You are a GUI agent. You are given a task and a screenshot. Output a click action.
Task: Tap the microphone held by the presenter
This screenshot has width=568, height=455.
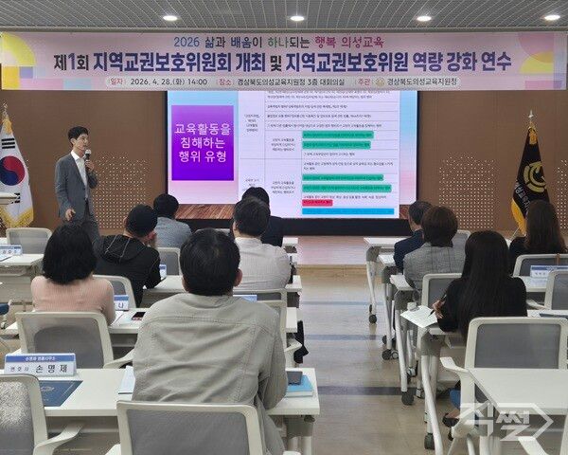pyautogui.click(x=87, y=154)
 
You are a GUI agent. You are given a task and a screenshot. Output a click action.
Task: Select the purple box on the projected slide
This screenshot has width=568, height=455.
pyautogui.click(x=203, y=143)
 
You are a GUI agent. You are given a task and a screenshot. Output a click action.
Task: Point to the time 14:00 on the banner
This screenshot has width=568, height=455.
pyautogui.click(x=197, y=82)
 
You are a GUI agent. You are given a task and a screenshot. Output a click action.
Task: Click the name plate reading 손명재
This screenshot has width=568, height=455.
pyautogui.click(x=40, y=363)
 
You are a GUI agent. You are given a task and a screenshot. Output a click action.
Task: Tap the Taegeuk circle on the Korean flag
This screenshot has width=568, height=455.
pyautogui.click(x=12, y=171)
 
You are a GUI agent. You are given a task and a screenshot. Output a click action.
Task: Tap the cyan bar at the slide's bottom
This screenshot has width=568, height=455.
pyautogui.click(x=346, y=211)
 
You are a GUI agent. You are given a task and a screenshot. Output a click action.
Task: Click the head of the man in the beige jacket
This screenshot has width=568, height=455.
pyautogui.click(x=210, y=262)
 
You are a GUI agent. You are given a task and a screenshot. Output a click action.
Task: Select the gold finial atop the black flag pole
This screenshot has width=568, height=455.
pyautogui.click(x=530, y=117)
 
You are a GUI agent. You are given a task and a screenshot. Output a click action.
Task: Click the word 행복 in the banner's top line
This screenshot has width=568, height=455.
pyautogui.click(x=328, y=43)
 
